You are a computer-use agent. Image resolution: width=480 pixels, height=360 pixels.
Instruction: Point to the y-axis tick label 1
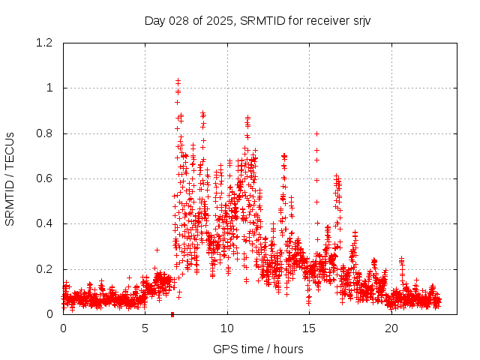(51, 88)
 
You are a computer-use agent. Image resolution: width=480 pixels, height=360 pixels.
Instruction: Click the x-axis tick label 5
(145, 328)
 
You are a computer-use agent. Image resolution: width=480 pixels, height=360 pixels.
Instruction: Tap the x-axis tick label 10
(227, 328)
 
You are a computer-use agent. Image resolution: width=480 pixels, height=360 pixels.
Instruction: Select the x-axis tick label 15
(309, 328)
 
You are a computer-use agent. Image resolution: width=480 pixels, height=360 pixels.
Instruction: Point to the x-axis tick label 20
(391, 328)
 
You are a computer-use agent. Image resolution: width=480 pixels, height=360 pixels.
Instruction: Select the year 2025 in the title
(218, 20)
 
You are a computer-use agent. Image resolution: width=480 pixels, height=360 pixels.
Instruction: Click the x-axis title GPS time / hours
(257, 349)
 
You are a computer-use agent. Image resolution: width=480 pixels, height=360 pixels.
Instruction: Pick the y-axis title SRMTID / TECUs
(10, 178)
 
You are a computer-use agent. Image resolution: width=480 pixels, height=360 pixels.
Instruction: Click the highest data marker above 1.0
(178, 79)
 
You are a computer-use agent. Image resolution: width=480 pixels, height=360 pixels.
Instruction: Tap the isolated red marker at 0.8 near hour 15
(316, 133)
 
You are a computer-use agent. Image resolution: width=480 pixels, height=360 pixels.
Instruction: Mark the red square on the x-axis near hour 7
(172, 314)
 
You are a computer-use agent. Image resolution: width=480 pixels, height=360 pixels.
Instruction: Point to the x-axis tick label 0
(63, 328)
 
